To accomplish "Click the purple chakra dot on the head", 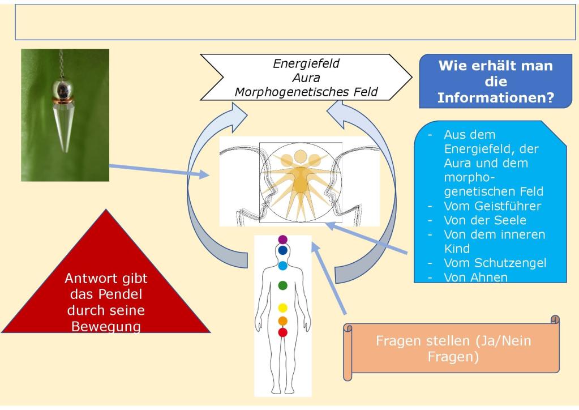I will tap(283, 240).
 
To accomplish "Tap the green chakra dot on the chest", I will tap(283, 285).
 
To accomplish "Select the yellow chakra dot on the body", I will tap(283, 309).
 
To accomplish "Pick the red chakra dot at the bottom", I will tap(283, 332).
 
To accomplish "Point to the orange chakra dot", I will tap(283, 321).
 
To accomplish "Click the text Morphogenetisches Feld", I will tap(306, 91).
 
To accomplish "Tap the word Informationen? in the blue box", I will tap(495, 97).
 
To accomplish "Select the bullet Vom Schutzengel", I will tap(495, 263).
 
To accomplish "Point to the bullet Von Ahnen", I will tap(476, 277).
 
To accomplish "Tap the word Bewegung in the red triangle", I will tap(106, 326).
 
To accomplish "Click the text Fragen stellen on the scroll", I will tap(417, 341).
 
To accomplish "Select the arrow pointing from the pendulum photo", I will tap(158, 172).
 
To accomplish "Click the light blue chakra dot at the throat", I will tap(283, 266).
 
